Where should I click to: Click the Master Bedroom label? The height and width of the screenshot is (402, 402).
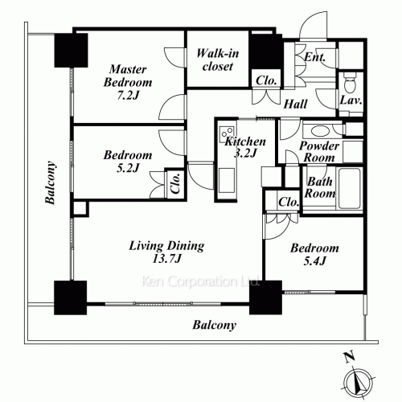pyautogui.click(x=128, y=82)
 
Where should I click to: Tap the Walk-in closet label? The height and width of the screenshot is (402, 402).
pyautogui.click(x=218, y=59)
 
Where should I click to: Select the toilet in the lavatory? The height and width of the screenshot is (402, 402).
pyautogui.click(x=349, y=83)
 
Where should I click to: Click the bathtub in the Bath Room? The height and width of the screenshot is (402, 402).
pyautogui.click(x=349, y=188)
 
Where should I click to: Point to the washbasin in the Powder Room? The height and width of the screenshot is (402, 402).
pyautogui.click(x=321, y=131)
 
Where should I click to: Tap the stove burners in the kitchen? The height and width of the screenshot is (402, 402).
pyautogui.click(x=227, y=133)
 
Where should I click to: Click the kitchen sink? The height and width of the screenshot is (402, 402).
pyautogui.click(x=227, y=180)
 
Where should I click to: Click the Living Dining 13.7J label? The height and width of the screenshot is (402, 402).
pyautogui.click(x=166, y=252)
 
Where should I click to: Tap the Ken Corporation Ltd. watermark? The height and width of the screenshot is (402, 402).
pyautogui.click(x=200, y=281)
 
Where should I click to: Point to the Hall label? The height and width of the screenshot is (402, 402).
pyautogui.click(x=295, y=104)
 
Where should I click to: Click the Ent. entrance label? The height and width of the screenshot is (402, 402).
pyautogui.click(x=314, y=57)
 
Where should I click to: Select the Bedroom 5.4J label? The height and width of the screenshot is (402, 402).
pyautogui.click(x=314, y=254)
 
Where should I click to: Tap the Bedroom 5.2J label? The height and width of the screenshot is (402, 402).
pyautogui.click(x=128, y=162)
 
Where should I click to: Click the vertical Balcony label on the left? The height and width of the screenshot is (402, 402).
pyautogui.click(x=51, y=183)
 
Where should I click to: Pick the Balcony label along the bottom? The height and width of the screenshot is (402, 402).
pyautogui.click(x=215, y=325)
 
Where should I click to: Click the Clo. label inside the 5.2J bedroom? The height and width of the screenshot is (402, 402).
pyautogui.click(x=175, y=183)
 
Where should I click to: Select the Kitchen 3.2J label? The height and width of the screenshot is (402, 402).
pyautogui.click(x=245, y=147)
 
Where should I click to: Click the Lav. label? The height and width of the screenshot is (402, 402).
pyautogui.click(x=351, y=100)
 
